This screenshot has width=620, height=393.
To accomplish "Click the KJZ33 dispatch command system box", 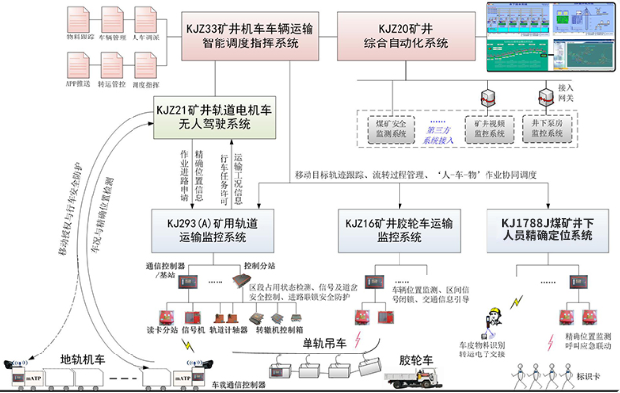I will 249,34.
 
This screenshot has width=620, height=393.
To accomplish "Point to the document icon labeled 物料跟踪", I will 81,22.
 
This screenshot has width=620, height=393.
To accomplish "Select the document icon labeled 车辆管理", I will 115,22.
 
